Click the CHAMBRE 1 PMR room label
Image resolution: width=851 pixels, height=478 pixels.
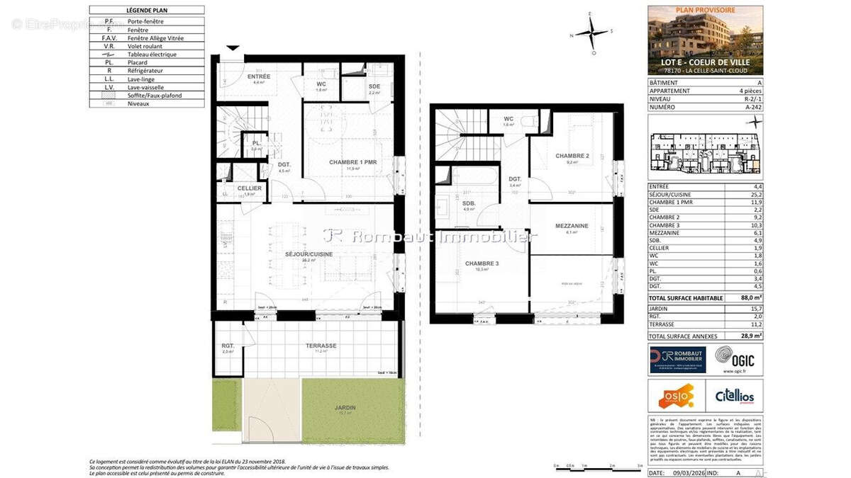(x=352, y=162)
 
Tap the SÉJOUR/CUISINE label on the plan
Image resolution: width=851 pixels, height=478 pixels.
(x=309, y=254)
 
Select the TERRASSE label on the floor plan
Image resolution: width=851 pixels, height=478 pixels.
(x=321, y=346)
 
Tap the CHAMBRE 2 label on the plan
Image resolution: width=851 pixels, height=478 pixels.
(x=572, y=156)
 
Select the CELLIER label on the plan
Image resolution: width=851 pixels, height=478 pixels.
(x=249, y=188)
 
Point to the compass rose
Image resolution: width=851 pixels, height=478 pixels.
(x=591, y=33)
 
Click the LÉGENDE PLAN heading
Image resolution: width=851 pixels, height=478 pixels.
(x=147, y=11)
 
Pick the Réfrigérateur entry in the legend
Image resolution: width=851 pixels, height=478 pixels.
(x=145, y=71)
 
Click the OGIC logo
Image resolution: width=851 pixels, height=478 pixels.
(x=733, y=359)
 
